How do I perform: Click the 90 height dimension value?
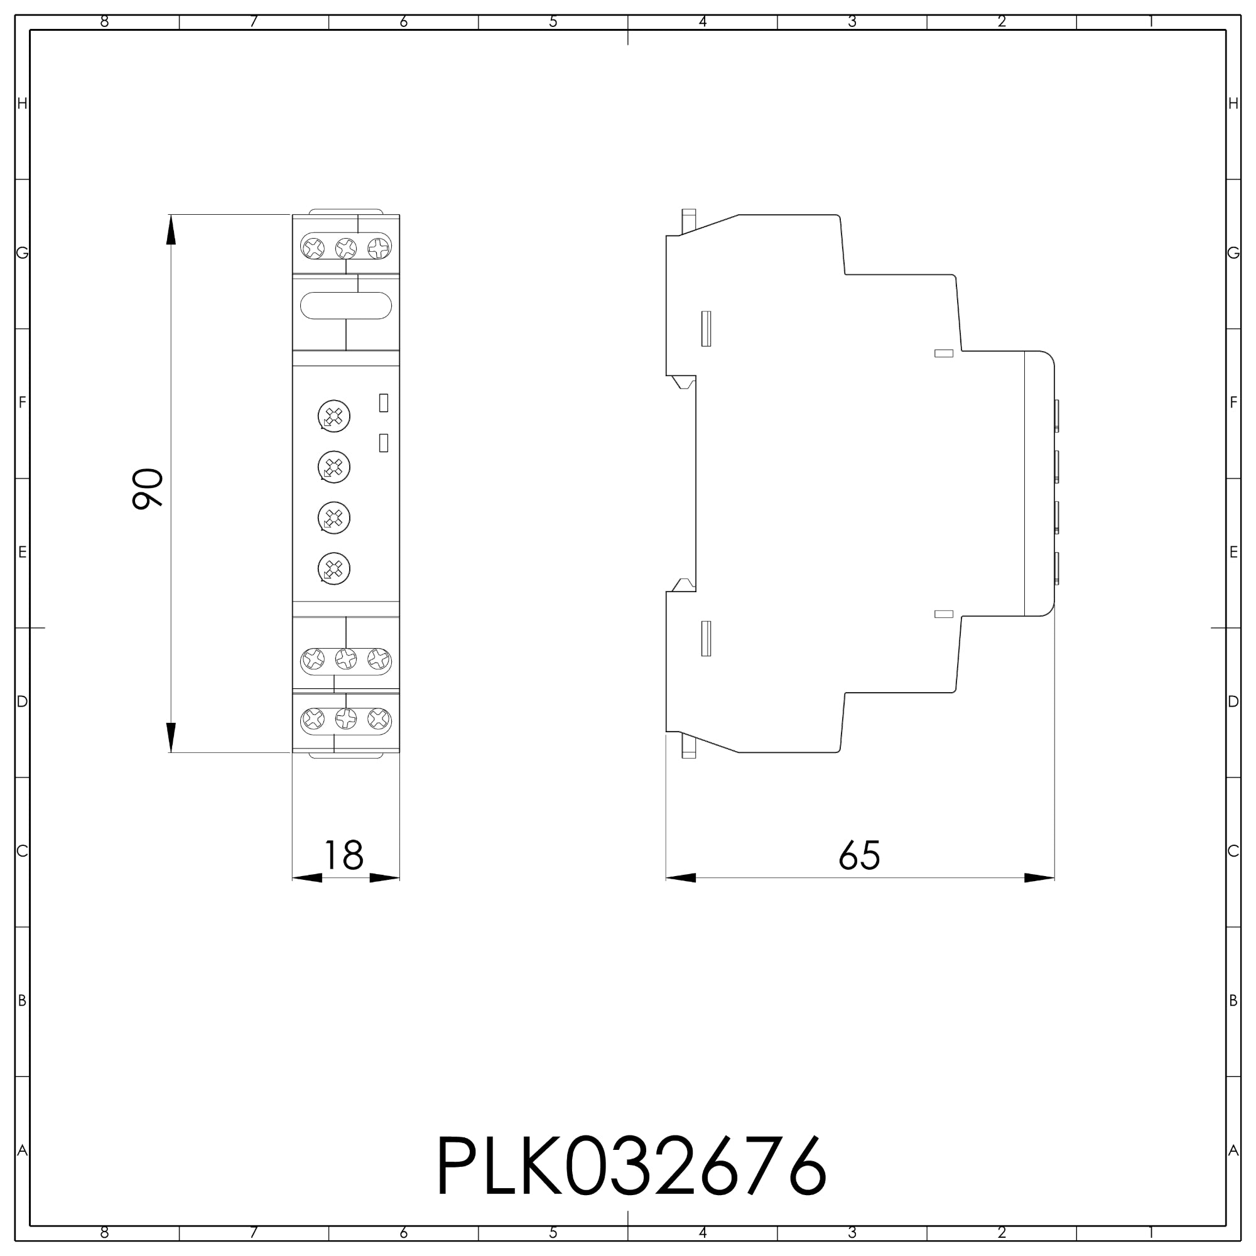point(148,488)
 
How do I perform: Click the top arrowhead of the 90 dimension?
point(171,229)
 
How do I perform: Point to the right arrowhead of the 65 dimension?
point(1039,878)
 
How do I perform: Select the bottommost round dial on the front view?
point(334,569)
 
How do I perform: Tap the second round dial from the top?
point(334,467)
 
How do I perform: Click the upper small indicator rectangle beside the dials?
point(384,403)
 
